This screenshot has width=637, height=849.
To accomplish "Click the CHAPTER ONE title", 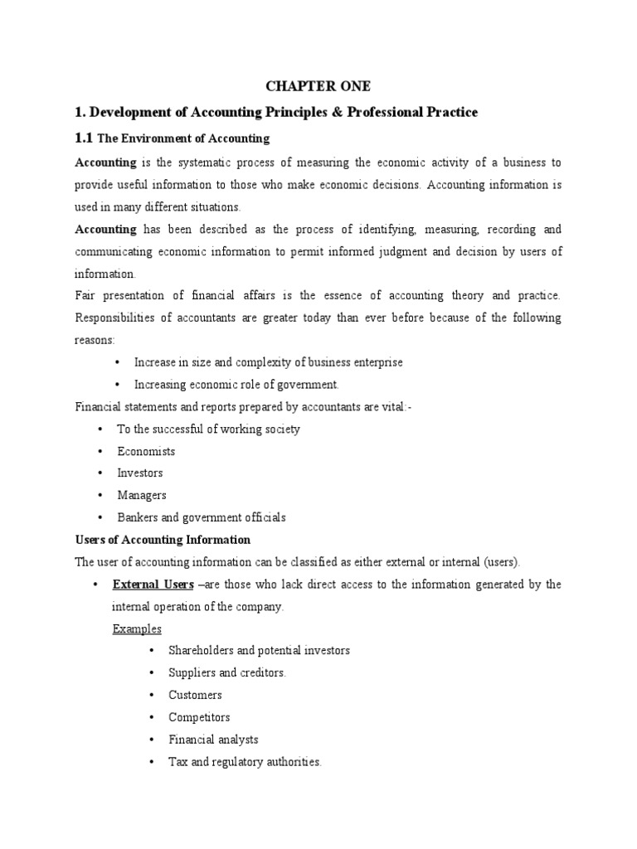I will [x=318, y=86].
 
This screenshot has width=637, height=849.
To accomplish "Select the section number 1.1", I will [x=85, y=138].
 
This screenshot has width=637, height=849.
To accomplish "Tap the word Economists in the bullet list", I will [x=146, y=451].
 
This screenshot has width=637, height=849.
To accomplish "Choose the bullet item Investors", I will [x=140, y=473].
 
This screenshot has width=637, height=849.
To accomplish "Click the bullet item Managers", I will [x=142, y=495].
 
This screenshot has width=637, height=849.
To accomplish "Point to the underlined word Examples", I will [x=137, y=628].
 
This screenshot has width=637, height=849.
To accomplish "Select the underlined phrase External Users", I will [x=152, y=585].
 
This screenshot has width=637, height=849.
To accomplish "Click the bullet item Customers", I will [x=195, y=695].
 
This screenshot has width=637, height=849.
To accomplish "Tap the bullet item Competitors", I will [x=199, y=717].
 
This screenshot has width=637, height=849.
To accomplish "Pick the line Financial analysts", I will [x=213, y=739].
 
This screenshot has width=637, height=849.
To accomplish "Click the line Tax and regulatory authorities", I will [x=245, y=761].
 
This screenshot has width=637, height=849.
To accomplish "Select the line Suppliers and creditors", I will [x=227, y=672].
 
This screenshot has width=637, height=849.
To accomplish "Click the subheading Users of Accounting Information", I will [x=163, y=540].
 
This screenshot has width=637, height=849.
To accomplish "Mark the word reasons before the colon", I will [x=95, y=340].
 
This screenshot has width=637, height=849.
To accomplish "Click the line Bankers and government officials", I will [x=202, y=517].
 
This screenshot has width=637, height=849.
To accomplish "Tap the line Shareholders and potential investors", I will [x=259, y=650].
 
